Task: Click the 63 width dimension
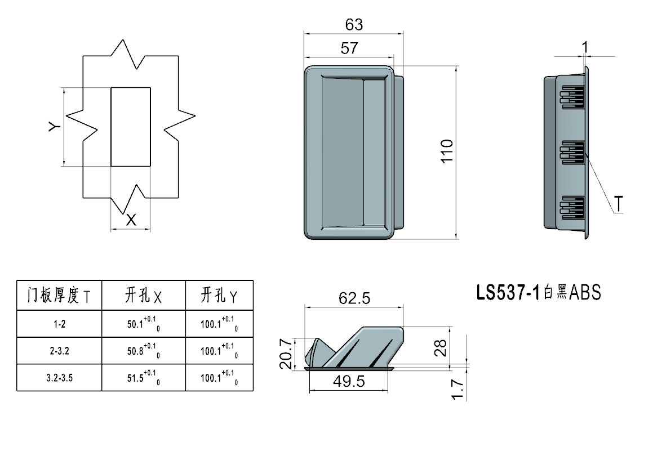[354, 25]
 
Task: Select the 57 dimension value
[349, 48]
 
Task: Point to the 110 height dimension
[447, 151]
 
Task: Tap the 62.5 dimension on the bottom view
[354, 298]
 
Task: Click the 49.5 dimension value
[348, 382]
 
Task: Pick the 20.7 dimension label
[286, 354]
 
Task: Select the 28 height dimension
[441, 348]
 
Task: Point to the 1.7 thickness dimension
[457, 390]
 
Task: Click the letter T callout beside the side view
[619, 204]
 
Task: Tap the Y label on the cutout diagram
[54, 127]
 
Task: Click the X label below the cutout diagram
[131, 220]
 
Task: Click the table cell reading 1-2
[59, 324]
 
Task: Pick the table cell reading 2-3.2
[59, 351]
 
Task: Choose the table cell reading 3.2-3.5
[59, 378]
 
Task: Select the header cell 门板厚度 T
[59, 295]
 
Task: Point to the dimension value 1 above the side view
[585, 47]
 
